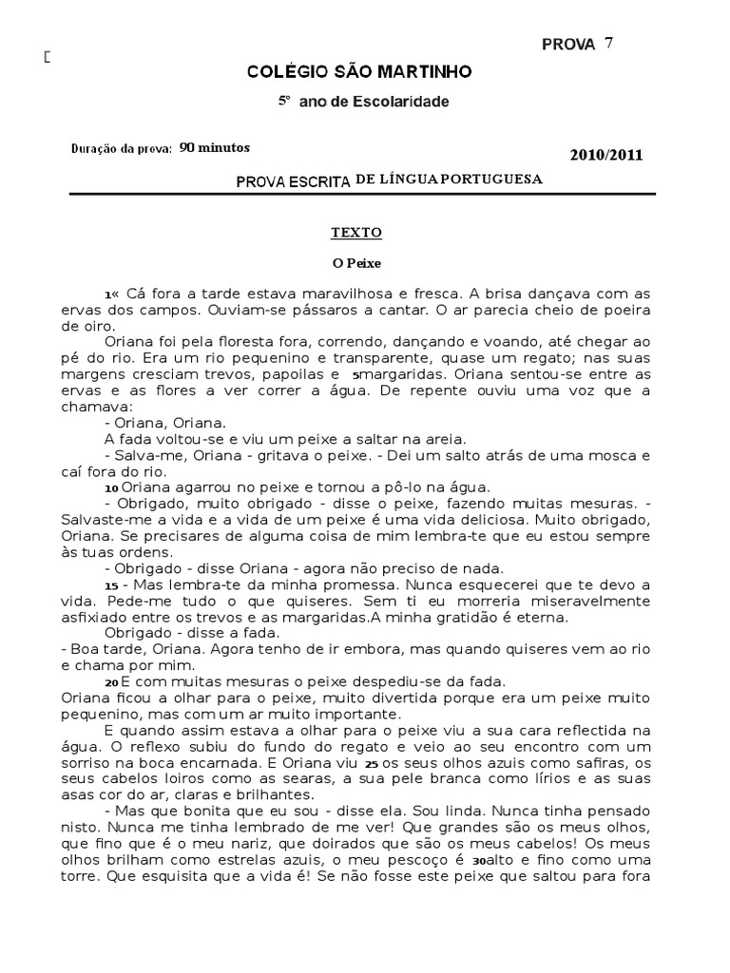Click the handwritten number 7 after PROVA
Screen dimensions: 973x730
pyautogui.click(x=608, y=43)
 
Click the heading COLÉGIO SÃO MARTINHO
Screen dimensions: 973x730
pyautogui.click(x=358, y=71)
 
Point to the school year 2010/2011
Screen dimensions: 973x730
pyautogui.click(x=606, y=156)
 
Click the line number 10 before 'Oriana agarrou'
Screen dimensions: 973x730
pyautogui.click(x=111, y=486)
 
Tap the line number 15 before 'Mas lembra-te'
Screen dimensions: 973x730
pyautogui.click(x=111, y=586)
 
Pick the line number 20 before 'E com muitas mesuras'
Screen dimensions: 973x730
pyautogui.click(x=111, y=682)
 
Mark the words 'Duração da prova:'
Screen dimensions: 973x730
pyautogui.click(x=122, y=149)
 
